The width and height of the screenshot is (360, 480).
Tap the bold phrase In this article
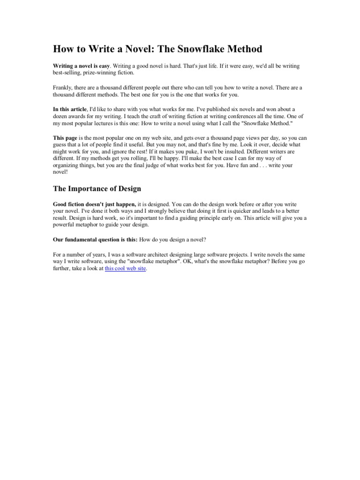pos(69,109)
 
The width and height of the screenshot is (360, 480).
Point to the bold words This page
pos(64,138)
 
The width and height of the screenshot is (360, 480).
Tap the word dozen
pos(62,116)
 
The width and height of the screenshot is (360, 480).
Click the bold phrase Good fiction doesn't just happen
pos(94,205)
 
